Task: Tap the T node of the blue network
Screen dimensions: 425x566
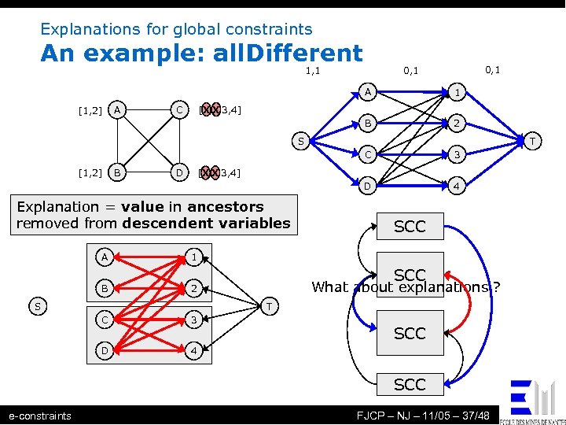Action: (532, 142)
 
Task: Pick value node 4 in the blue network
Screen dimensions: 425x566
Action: (455, 187)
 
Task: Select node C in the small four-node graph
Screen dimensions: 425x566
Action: (180, 109)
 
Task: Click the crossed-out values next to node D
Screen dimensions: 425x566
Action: (210, 172)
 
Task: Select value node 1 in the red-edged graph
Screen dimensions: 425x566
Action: (193, 256)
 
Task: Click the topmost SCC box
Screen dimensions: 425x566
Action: (410, 227)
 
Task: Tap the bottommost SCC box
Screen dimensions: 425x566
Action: (410, 384)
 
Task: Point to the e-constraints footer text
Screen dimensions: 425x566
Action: (39, 416)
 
